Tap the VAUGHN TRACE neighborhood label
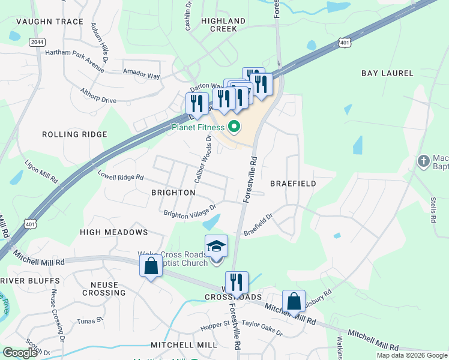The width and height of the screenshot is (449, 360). [x=41, y=22]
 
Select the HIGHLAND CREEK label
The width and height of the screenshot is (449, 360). [x=223, y=25]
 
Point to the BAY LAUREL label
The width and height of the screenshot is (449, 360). [x=387, y=73]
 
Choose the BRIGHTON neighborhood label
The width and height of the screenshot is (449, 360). [x=173, y=193]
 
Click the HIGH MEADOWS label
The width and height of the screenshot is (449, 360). [x=113, y=232]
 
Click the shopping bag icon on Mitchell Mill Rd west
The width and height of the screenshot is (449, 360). [x=151, y=265]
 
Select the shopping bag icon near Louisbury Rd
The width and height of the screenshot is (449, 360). [x=294, y=301]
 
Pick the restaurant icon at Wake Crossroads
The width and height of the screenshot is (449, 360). [x=237, y=283]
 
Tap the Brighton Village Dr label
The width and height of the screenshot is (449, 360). [x=189, y=212]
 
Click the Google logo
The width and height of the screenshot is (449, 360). [x=20, y=353]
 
